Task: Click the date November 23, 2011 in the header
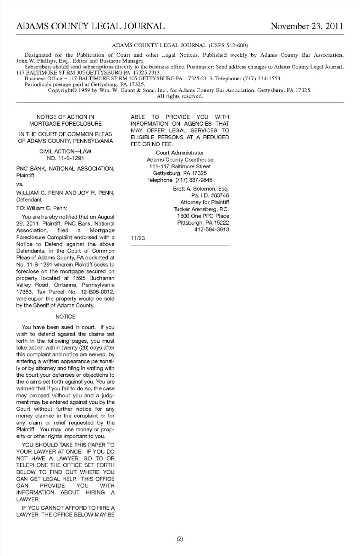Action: pos(306,26)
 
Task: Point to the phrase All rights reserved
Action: pos(180,96)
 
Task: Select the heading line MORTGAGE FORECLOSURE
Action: pos(65,124)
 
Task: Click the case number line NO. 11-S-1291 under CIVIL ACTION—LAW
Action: pos(65,158)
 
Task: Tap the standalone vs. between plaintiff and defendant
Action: pos(19,184)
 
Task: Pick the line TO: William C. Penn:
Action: pos(42,208)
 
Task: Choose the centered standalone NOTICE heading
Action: pos(65,316)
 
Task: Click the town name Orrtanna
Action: pos(66,285)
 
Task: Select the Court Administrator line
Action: pos(180,153)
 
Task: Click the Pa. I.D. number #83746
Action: pos(220,195)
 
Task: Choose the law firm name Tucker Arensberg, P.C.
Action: pos(201,209)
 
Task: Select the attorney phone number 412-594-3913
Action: pos(211,229)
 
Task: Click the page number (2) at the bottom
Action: pos(180,539)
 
